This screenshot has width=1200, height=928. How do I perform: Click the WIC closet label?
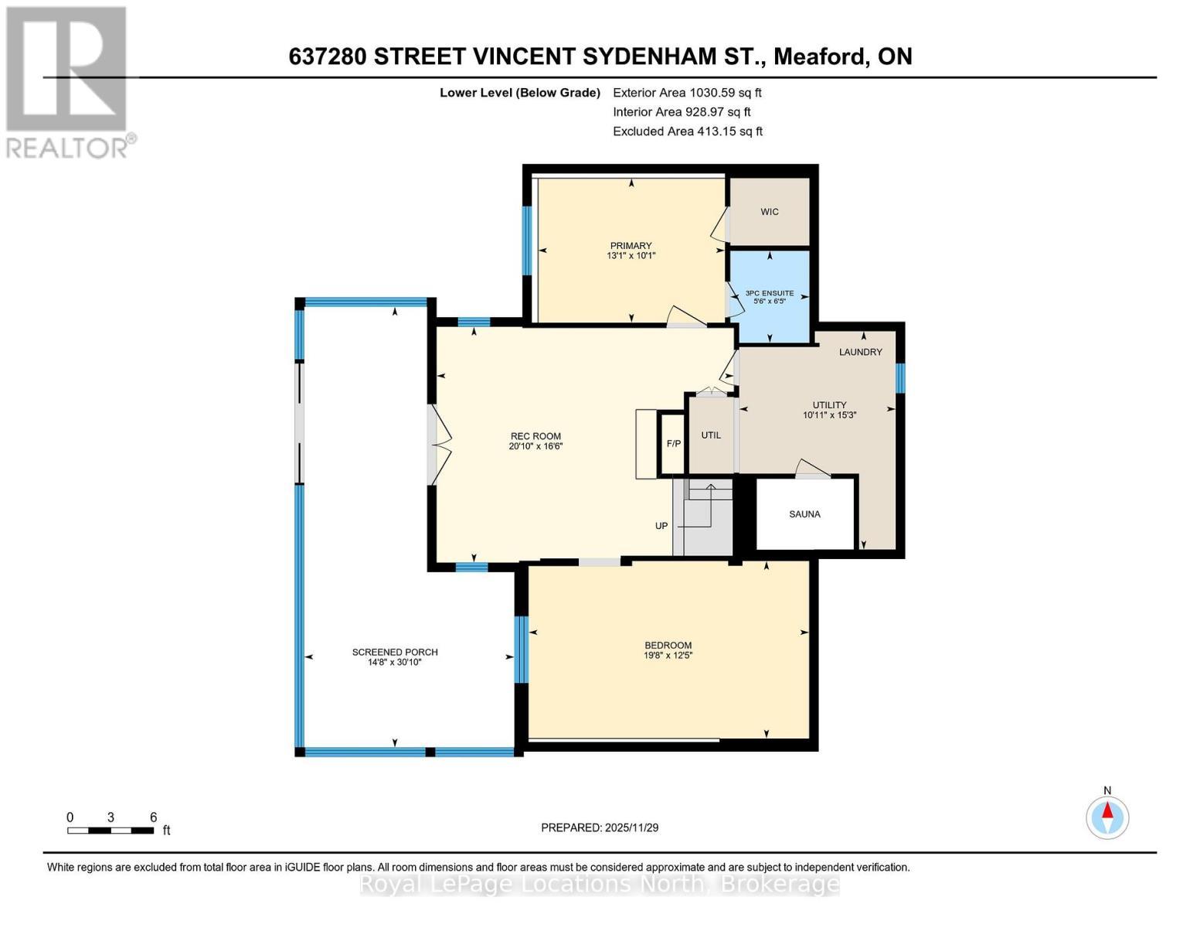pos(769,212)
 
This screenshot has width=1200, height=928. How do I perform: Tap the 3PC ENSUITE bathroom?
pos(769,297)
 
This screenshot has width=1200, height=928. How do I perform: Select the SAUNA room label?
pos(804,514)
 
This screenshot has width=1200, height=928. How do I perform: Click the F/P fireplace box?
pos(673,444)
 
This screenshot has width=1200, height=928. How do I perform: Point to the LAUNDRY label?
pos(860,352)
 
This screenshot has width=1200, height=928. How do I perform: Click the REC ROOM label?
pos(535,436)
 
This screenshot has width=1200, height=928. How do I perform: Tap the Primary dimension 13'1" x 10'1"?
pos(631,256)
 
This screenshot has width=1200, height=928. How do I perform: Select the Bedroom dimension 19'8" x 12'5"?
pos(668,656)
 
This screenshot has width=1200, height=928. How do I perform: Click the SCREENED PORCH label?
pos(395,652)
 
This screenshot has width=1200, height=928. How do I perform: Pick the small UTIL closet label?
pos(711,435)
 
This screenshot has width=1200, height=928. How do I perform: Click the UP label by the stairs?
pos(661,526)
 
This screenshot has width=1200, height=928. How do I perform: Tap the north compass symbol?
pos(1107,817)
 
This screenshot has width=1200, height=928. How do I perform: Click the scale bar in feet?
pos(110,831)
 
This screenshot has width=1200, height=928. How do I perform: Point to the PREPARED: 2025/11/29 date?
pos(600,827)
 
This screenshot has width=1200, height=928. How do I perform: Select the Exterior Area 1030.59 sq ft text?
pos(687,93)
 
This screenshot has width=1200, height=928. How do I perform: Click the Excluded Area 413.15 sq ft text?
pos(688,131)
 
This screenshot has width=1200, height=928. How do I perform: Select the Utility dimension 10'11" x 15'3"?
pos(829,415)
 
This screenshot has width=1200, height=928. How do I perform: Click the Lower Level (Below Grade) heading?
pos(520,93)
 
